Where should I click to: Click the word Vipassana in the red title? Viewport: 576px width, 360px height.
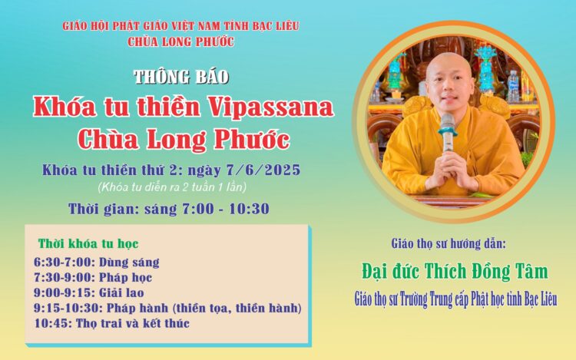click(x=271, y=107)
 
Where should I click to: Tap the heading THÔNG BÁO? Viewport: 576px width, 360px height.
click(x=181, y=77)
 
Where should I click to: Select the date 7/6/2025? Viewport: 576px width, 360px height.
click(x=263, y=170)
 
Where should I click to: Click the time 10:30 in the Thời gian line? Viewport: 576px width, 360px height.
click(x=250, y=209)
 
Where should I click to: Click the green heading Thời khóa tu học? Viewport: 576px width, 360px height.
click(x=88, y=243)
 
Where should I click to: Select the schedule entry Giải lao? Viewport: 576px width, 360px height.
click(x=121, y=292)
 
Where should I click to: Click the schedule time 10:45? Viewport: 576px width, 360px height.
click(x=53, y=323)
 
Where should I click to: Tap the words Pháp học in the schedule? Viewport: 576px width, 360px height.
click(x=126, y=277)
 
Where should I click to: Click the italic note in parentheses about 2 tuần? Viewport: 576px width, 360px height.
click(x=172, y=187)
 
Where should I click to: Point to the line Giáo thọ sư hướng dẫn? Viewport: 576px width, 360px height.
click(x=449, y=243)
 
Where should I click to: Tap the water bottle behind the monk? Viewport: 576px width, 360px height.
click(x=513, y=85)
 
